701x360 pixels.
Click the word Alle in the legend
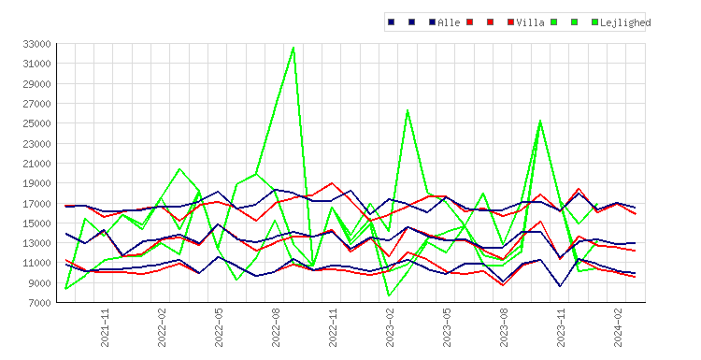pos(449,22)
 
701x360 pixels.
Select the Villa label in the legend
pos(530,22)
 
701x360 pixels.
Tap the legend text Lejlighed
pos(625,22)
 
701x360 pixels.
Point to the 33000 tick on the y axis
pos(36,44)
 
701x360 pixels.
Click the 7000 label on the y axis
pos(39,303)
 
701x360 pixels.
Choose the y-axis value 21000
pos(36,164)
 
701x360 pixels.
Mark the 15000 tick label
pos(36,223)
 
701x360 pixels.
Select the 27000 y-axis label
pos(36,104)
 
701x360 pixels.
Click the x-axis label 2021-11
pos(105,328)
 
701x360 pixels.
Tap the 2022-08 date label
pos(276,328)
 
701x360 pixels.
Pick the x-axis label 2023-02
pos(390,328)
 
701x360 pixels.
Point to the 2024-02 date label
pos(618,328)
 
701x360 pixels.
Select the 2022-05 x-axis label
pos(219,328)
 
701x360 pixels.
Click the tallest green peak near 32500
pos(293,48)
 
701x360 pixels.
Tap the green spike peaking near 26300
pos(408,110)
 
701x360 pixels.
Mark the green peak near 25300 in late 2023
pos(540,121)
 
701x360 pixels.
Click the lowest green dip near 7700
pos(389,295)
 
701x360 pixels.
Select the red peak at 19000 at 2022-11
pos(331,183)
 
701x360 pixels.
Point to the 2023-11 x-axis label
pos(561,328)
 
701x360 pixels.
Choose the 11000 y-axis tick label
pos(36,263)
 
